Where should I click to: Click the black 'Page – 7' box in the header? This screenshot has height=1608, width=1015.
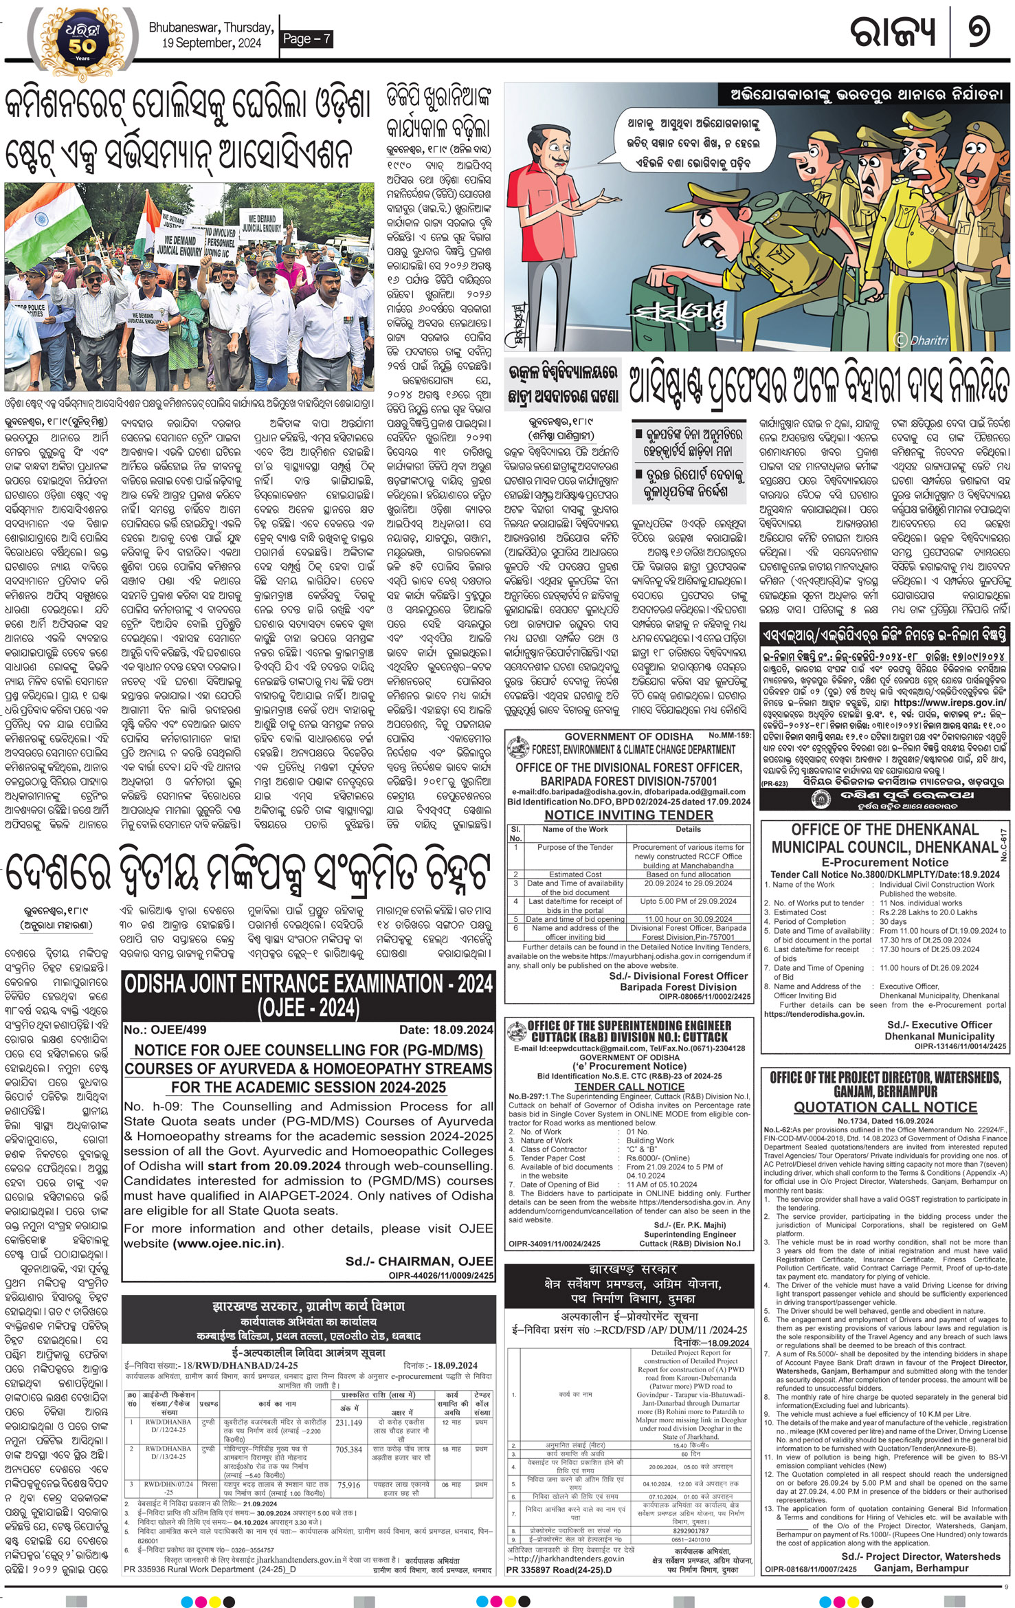point(306,39)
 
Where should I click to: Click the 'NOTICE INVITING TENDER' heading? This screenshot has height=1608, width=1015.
point(628,815)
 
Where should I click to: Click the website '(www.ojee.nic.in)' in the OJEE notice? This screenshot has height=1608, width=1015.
point(227,1243)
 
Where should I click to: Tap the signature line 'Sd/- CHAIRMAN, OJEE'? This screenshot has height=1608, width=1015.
point(419,1261)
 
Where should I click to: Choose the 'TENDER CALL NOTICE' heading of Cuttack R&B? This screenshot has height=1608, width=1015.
point(629,1087)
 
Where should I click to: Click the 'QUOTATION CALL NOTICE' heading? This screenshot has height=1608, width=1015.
point(885,1107)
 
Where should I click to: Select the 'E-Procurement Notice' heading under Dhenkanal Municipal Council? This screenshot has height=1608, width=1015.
point(884,862)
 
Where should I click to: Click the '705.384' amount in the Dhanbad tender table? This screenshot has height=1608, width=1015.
point(349,1449)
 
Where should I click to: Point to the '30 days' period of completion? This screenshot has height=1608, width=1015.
point(893,921)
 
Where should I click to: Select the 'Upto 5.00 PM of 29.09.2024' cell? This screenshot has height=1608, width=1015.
point(688,901)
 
